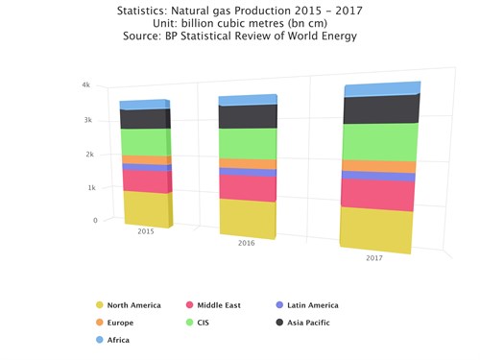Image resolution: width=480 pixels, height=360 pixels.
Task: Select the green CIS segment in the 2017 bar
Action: click(379, 142)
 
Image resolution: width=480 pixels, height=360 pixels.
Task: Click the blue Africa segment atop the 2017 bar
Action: click(381, 89)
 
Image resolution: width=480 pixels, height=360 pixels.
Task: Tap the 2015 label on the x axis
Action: click(146, 231)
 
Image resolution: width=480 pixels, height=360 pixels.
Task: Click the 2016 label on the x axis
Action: click(248, 244)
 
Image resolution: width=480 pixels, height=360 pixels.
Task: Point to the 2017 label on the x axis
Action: click(374, 259)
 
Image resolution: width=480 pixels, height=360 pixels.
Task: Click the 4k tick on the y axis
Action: click(85, 85)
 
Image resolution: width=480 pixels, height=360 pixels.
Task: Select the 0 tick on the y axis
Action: click(94, 220)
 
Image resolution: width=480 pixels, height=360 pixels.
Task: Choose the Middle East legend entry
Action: click(220, 305)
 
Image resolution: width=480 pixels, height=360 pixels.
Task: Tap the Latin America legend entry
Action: click(312, 305)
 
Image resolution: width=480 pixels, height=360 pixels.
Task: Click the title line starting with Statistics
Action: click(240, 11)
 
